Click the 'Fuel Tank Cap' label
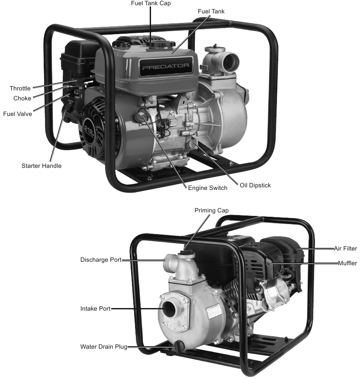click(151, 3)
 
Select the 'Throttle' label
click(20, 89)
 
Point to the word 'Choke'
click(22, 98)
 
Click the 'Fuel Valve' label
click(17, 114)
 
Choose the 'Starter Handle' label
click(42, 166)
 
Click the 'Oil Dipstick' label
click(255, 185)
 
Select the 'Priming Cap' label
click(212, 210)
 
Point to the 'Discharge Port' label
click(101, 260)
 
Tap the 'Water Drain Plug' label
click(103, 347)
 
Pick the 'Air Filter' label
click(345, 248)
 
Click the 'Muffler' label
click(347, 263)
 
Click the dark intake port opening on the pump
click(170, 309)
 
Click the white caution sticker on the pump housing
click(215, 313)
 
